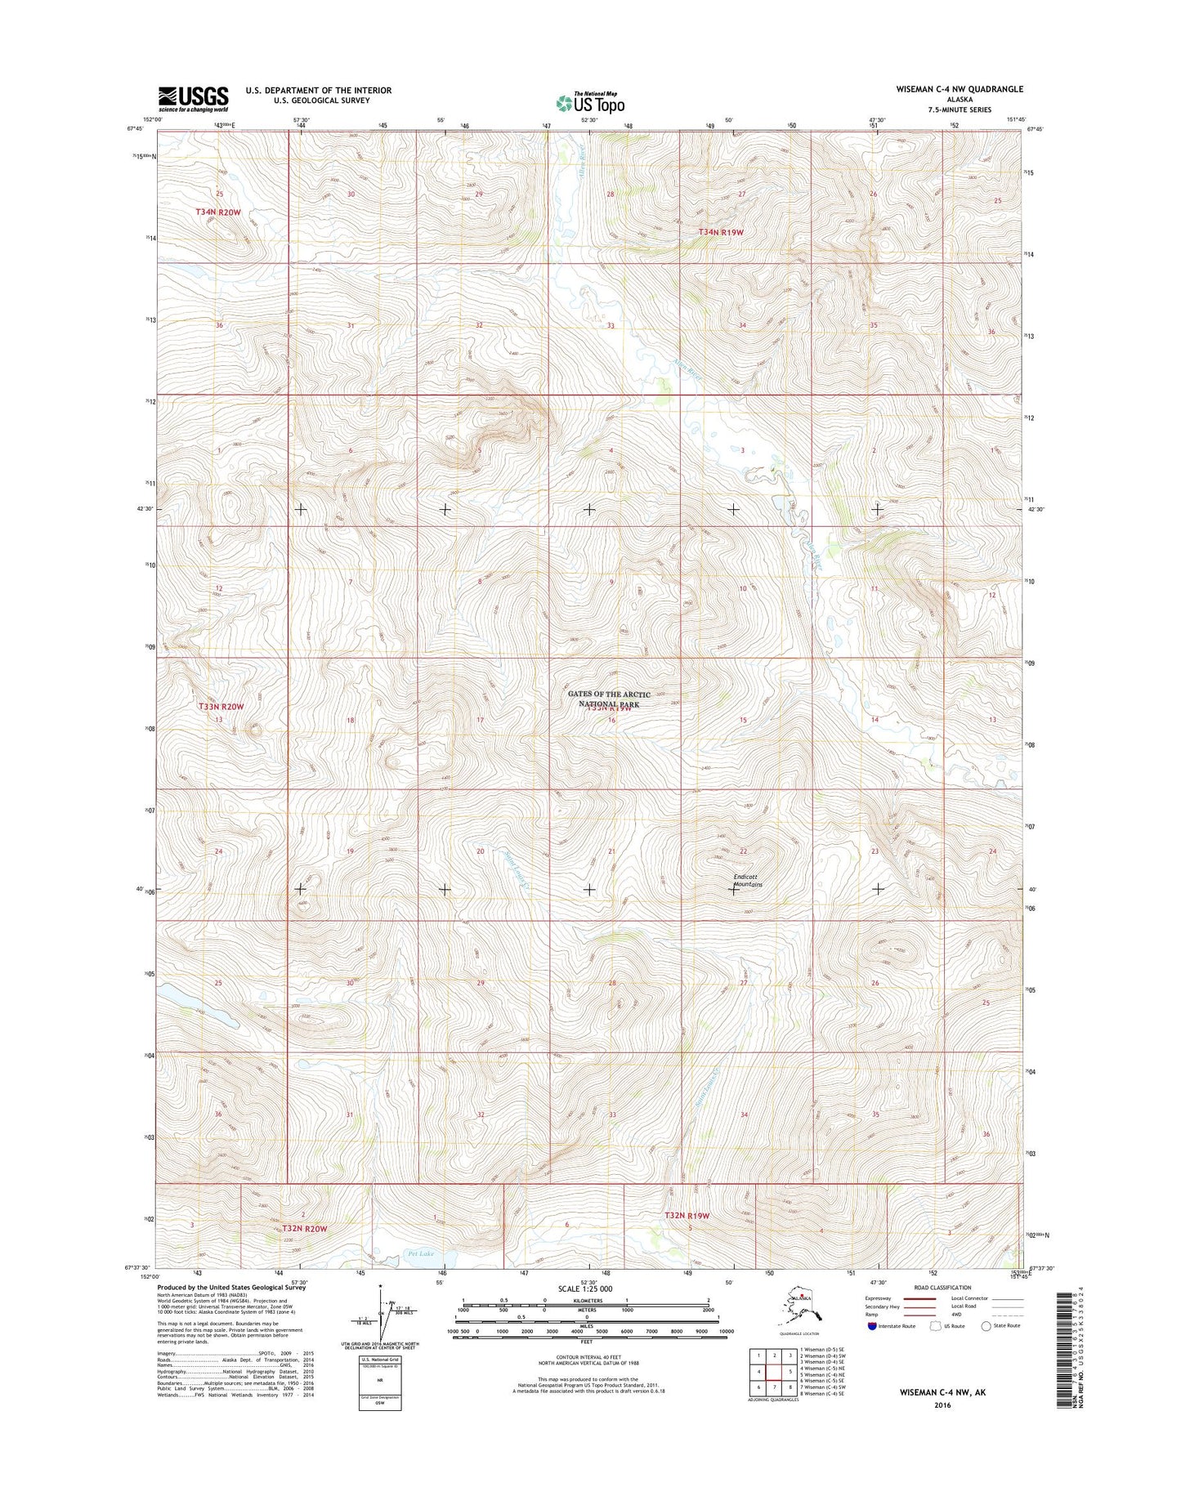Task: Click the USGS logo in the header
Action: [x=193, y=99]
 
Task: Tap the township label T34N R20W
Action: [x=218, y=212]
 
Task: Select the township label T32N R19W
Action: [x=687, y=1216]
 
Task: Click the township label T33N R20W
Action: [x=221, y=706]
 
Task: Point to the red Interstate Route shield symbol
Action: [x=872, y=1327]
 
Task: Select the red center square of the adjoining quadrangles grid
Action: [x=774, y=1371]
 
